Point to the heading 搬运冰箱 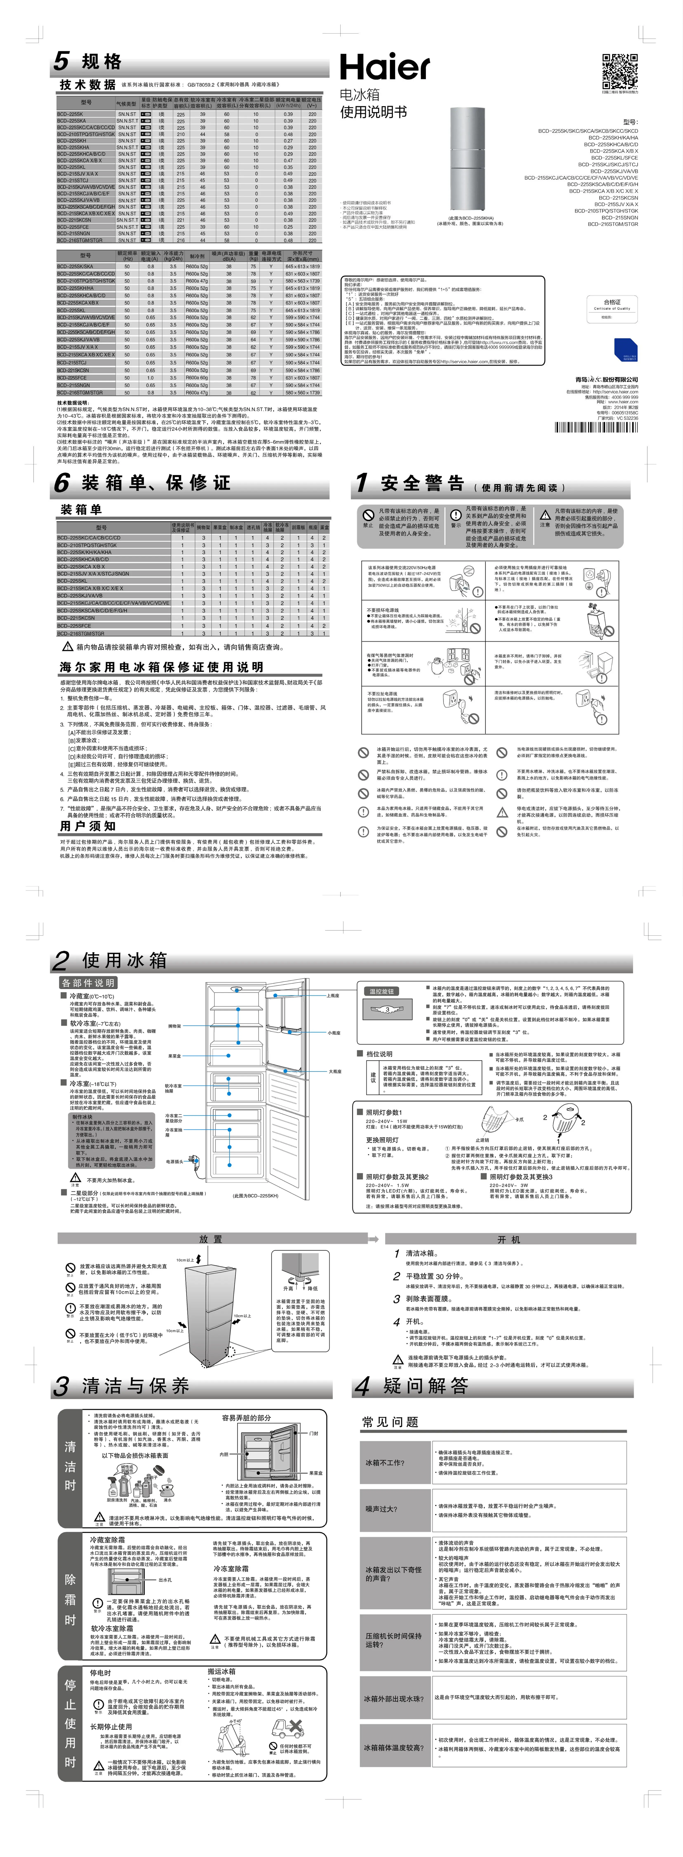(221, 1671)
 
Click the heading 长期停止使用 (111, 1726)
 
